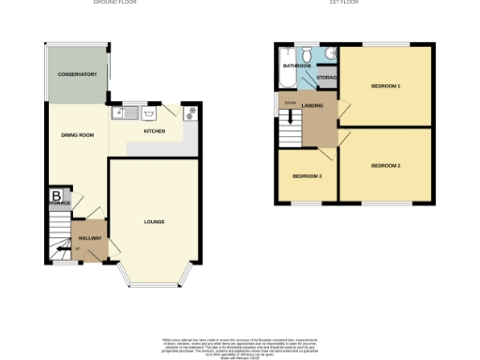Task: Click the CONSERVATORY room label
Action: point(77,74)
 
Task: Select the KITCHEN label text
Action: point(155,131)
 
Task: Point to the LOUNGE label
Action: point(154,221)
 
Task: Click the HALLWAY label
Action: point(90,239)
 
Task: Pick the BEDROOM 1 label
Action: point(385,86)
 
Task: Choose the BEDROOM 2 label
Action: point(385,166)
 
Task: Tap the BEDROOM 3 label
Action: point(307,176)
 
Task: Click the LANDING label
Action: point(313,106)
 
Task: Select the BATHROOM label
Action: point(298,67)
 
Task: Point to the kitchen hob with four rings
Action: point(190,113)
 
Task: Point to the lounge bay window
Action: point(155,279)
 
